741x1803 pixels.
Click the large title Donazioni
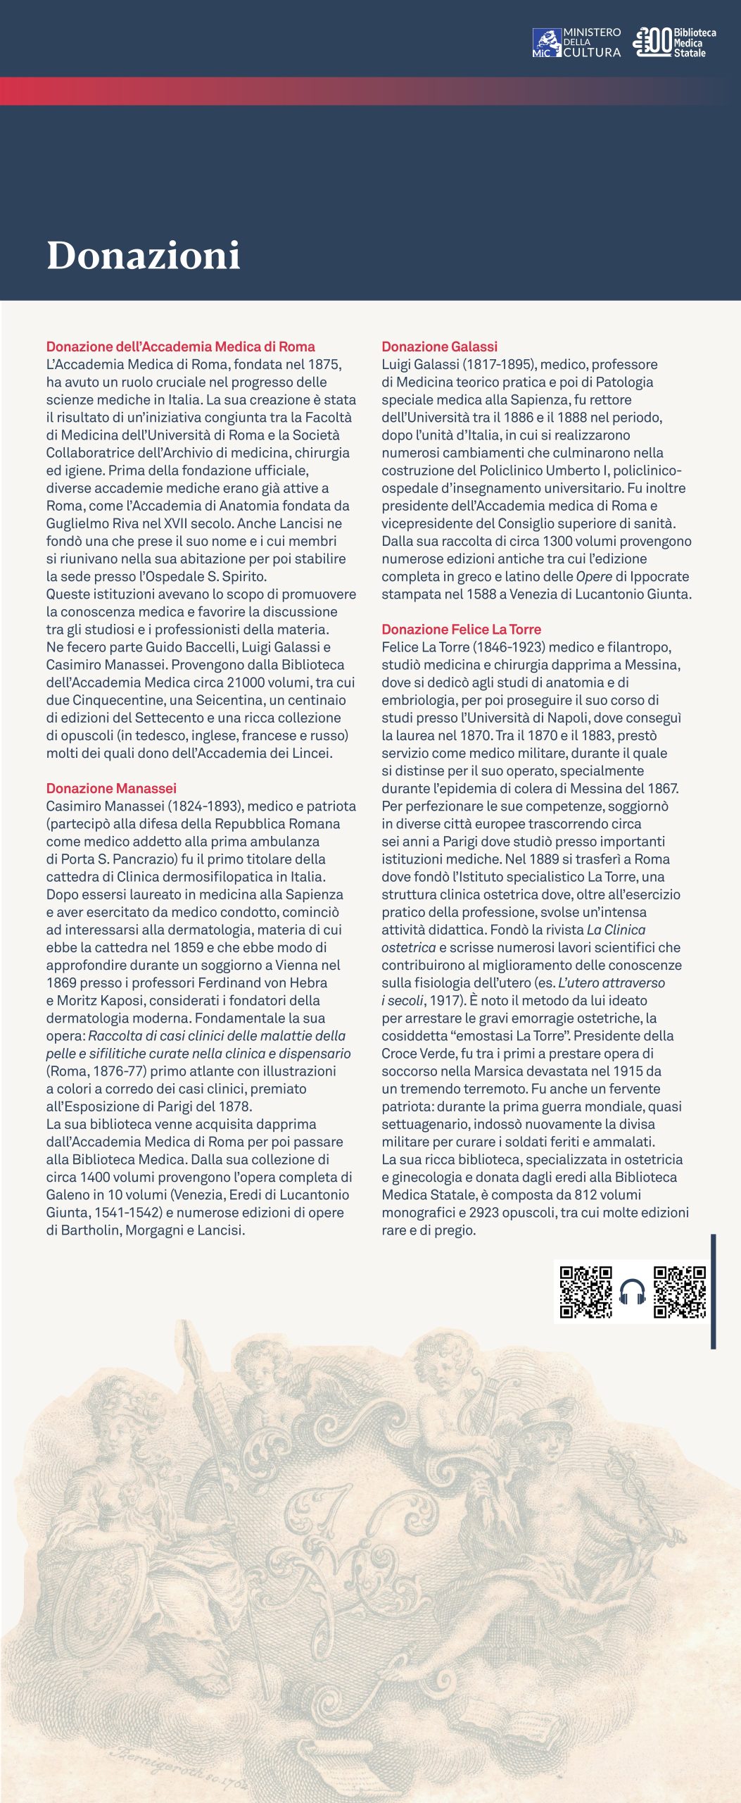click(x=144, y=255)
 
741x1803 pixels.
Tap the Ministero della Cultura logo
click(x=576, y=42)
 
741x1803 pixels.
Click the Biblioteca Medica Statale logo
click(x=674, y=42)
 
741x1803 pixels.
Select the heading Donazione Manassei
click(x=111, y=788)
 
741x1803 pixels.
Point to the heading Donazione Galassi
click(x=439, y=347)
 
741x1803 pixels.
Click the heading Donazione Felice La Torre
click(x=461, y=629)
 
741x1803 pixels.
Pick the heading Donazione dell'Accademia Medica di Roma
click(x=180, y=347)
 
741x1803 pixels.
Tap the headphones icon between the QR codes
click(x=633, y=1292)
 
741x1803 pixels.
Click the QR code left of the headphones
click(x=585, y=1292)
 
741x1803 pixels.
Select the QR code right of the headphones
click(x=679, y=1292)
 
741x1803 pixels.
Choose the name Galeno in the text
click(x=68, y=1194)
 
